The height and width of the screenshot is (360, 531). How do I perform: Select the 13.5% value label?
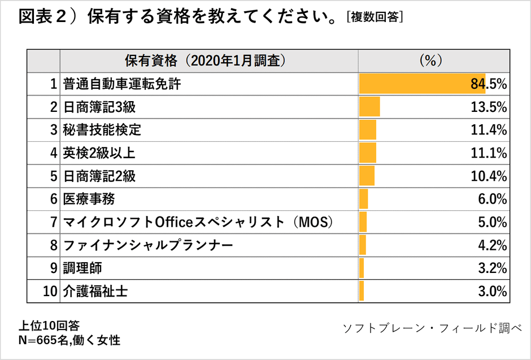(x=489, y=107)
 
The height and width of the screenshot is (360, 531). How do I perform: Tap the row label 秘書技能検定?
(x=102, y=130)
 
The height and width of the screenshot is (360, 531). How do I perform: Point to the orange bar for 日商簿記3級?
(x=369, y=107)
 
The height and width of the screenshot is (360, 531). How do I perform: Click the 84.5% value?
(x=489, y=84)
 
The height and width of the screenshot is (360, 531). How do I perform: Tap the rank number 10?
(x=50, y=292)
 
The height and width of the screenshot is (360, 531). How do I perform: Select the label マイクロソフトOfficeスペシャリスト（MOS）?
(x=197, y=222)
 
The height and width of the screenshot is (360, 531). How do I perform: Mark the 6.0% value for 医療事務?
(x=492, y=199)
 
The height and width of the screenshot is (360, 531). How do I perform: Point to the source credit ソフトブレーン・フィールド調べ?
(x=433, y=328)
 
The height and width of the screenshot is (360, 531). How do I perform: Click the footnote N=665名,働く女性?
(x=69, y=340)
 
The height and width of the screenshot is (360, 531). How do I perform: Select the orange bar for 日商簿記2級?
(x=367, y=176)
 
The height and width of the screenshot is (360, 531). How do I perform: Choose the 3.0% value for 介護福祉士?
(x=492, y=292)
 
